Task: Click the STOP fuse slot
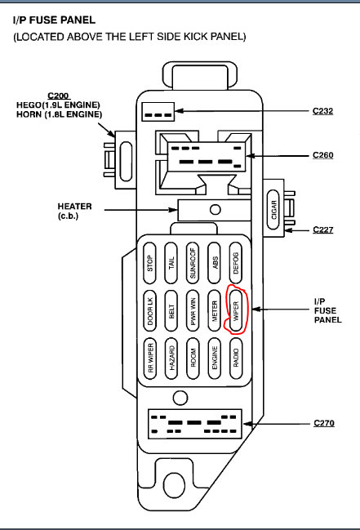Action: coord(150,262)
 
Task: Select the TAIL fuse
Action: coord(171,262)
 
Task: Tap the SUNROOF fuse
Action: coord(193,262)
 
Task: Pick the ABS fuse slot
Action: coord(214,262)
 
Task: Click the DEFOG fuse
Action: coord(236,262)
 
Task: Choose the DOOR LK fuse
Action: coord(150,310)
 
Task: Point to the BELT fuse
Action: coord(171,310)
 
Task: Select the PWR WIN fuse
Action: coord(193,310)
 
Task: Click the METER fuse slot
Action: coord(214,310)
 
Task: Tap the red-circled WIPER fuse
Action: coord(236,310)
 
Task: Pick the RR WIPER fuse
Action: coord(150,358)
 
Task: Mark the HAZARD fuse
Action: coord(171,358)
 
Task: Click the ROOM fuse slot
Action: coord(193,358)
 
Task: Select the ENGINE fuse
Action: coord(214,358)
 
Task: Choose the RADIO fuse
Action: coord(236,358)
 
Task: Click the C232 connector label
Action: coord(322,110)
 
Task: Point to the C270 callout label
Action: coord(324,424)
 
